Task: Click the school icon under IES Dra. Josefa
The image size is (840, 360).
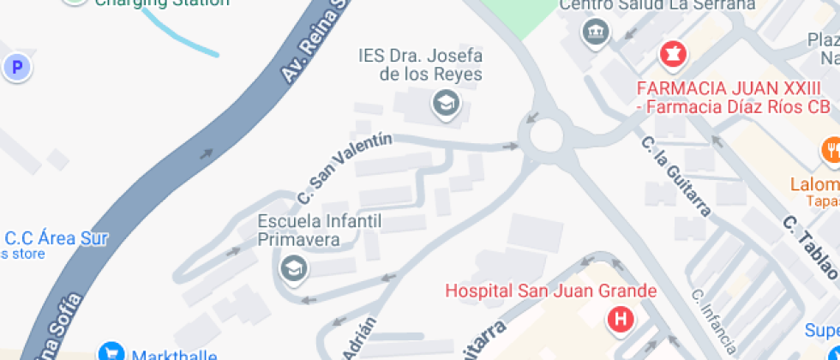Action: click(446, 105)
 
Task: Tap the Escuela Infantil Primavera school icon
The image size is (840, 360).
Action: click(293, 268)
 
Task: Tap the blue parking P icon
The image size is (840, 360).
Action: click(16, 67)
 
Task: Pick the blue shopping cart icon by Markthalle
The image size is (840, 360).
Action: click(111, 352)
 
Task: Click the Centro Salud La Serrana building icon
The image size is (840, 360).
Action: click(593, 34)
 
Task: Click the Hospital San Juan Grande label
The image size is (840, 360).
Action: click(551, 291)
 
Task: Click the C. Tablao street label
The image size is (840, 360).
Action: click(809, 246)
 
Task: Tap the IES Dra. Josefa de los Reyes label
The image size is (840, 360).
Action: click(419, 65)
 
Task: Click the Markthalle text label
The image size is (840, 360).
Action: click(176, 354)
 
